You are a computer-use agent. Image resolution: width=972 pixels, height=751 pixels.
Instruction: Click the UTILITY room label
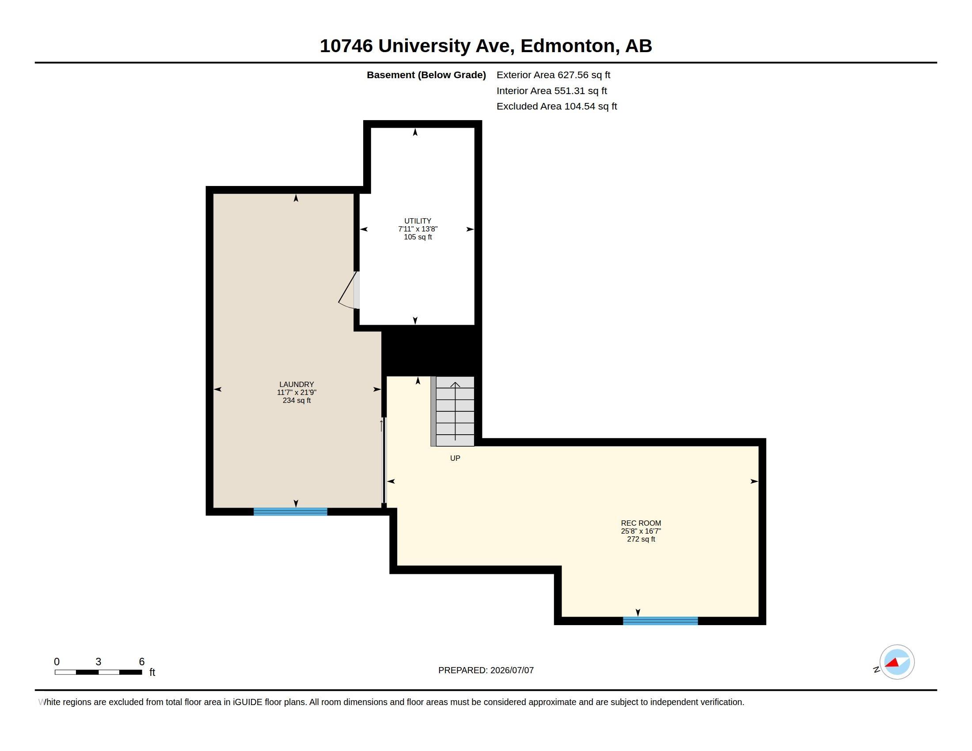pyautogui.click(x=418, y=221)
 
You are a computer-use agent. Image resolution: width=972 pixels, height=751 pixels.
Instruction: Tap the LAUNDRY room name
pyautogui.click(x=296, y=384)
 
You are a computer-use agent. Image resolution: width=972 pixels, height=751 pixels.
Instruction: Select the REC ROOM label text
pyautogui.click(x=641, y=523)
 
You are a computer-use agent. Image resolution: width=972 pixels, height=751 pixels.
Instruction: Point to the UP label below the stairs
pyautogui.click(x=455, y=458)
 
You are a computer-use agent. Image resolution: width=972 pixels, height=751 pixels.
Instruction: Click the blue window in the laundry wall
pyautogui.click(x=290, y=512)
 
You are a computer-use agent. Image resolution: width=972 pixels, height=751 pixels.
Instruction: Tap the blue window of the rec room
pyautogui.click(x=661, y=621)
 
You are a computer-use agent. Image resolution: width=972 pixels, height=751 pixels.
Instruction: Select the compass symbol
pyautogui.click(x=897, y=662)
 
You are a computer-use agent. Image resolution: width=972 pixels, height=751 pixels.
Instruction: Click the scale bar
pyautogui.click(x=99, y=672)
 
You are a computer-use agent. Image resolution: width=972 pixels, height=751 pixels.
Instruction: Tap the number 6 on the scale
pyautogui.click(x=141, y=662)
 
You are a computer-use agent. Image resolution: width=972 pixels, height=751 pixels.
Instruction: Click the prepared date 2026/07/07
pyautogui.click(x=512, y=670)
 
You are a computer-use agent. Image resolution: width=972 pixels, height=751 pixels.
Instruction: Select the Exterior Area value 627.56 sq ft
pyautogui.click(x=584, y=75)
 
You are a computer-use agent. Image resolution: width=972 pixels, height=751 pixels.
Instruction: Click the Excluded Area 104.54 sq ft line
pyautogui.click(x=557, y=106)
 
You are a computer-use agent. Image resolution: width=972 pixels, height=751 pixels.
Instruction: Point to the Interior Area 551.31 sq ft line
pyautogui.click(x=552, y=91)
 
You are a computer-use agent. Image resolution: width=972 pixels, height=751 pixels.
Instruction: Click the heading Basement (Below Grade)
pyautogui.click(x=426, y=75)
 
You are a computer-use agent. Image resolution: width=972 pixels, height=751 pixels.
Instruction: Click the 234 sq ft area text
pyautogui.click(x=296, y=400)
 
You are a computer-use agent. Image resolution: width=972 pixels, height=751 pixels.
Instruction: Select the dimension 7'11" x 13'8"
pyautogui.click(x=418, y=229)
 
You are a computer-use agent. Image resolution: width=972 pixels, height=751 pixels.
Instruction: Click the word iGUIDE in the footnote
pyautogui.click(x=247, y=702)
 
